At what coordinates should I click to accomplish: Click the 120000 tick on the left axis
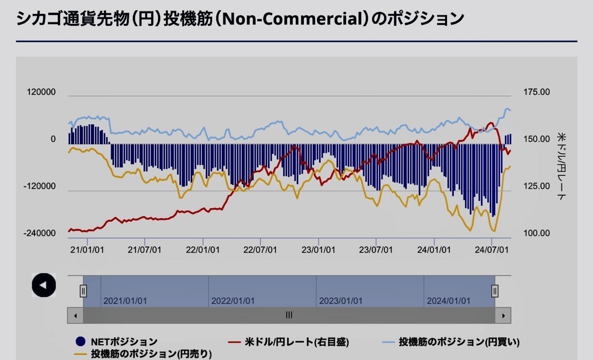[x=42, y=92]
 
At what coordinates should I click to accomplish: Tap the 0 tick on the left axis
[x=53, y=139]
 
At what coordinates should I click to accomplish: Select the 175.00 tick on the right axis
[x=536, y=92]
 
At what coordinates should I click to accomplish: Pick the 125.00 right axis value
[x=536, y=186]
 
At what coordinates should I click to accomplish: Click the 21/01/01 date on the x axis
[x=87, y=250]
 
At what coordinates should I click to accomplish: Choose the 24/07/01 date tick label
[x=492, y=250]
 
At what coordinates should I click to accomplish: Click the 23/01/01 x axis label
[x=318, y=250]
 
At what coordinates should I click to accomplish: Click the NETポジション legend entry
[x=117, y=341]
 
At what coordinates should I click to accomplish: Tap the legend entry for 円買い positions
[x=452, y=341]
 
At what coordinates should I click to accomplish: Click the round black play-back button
[x=43, y=285]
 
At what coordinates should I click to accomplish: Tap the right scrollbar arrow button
[x=503, y=315]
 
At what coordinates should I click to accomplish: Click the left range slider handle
[x=84, y=291]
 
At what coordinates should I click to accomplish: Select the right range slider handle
[x=495, y=291]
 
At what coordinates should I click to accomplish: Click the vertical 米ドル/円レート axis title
[x=561, y=165]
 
